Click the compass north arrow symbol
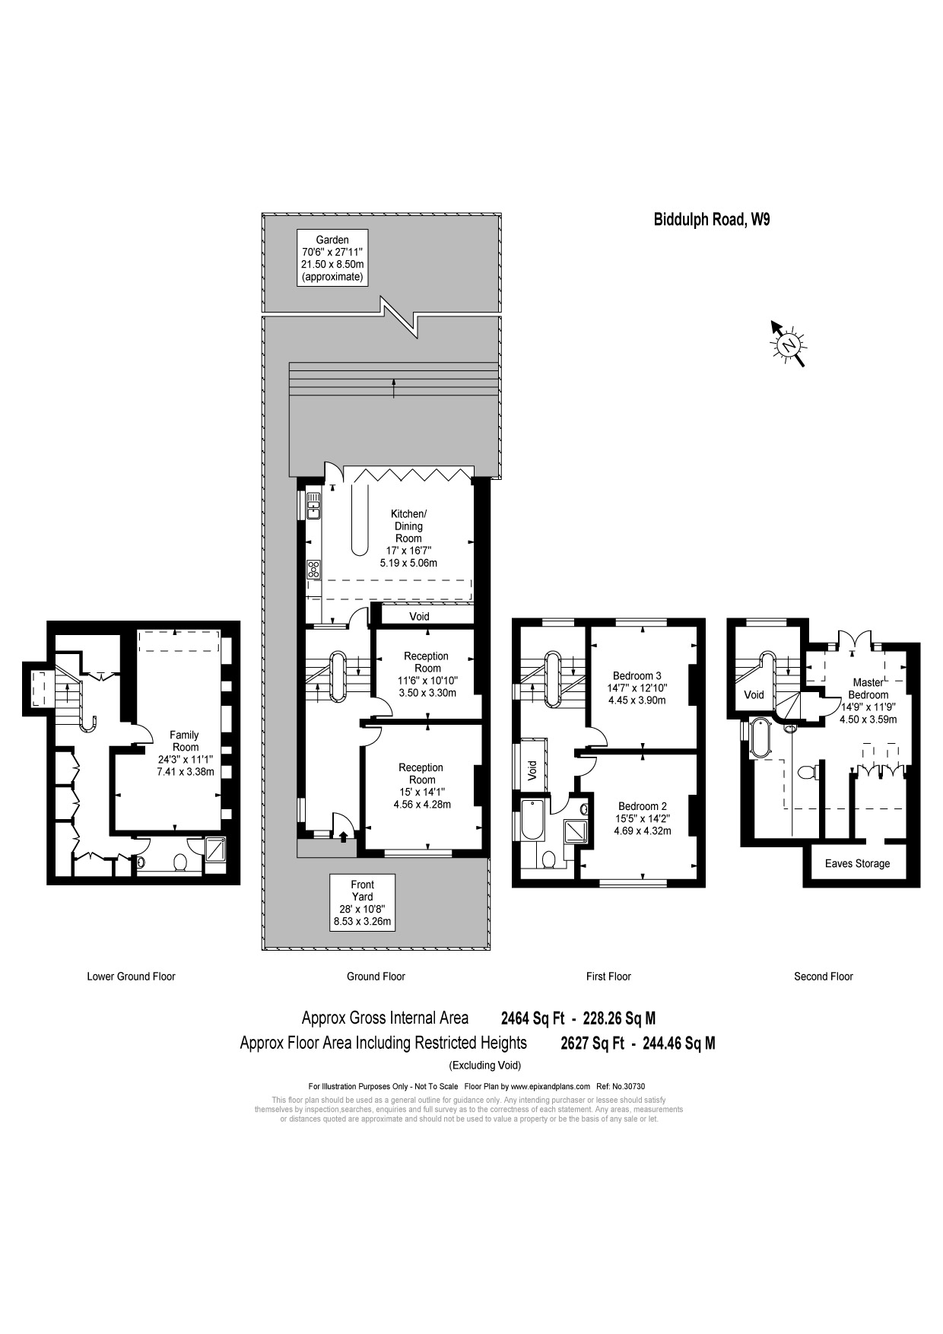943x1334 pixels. point(789,345)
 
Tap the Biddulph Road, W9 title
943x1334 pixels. point(711,220)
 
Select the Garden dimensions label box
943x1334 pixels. point(332,258)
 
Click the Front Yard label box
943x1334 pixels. point(362,903)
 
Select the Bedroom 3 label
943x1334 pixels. point(637,688)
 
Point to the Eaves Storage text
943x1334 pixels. point(857,863)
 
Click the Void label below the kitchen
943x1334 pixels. point(419,616)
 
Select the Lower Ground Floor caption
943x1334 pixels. point(131,976)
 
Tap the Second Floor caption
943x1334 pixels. point(823,976)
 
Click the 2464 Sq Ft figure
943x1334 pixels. point(532,1018)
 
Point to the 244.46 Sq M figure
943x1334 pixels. point(678,1043)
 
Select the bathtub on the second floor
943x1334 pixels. point(759,738)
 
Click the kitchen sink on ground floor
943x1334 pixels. point(313,506)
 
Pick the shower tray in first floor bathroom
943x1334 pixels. point(576,831)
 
